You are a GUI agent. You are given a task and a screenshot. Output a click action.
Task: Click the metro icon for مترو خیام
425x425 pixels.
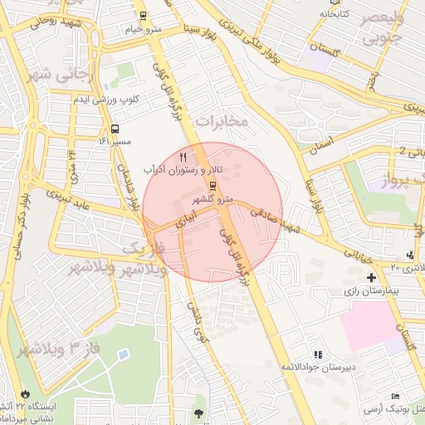tap(144, 16)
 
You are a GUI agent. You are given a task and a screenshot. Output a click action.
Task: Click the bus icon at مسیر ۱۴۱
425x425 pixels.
tap(114, 129)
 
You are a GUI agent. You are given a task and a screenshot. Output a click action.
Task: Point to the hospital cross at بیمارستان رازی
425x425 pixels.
tap(371, 276)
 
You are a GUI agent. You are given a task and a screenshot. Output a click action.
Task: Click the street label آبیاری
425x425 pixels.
tap(186, 217)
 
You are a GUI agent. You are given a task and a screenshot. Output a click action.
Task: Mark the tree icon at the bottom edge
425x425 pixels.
tap(198, 413)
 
